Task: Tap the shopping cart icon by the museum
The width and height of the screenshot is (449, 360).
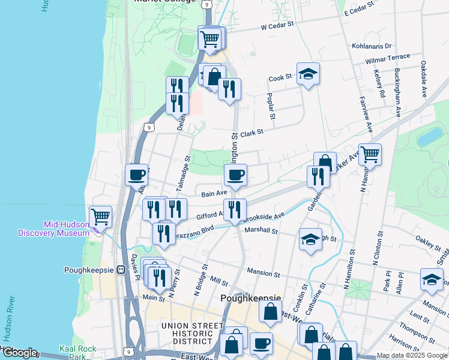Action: point(100,216)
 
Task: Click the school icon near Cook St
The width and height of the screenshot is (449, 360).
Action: point(308,74)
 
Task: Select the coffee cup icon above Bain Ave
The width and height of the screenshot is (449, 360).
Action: point(235,175)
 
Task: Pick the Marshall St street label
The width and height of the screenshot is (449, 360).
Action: point(261,230)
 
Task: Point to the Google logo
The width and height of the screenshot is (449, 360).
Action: point(19,353)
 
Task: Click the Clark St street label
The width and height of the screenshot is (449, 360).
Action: point(252,133)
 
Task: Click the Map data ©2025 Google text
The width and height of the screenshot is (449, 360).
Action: point(412,355)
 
